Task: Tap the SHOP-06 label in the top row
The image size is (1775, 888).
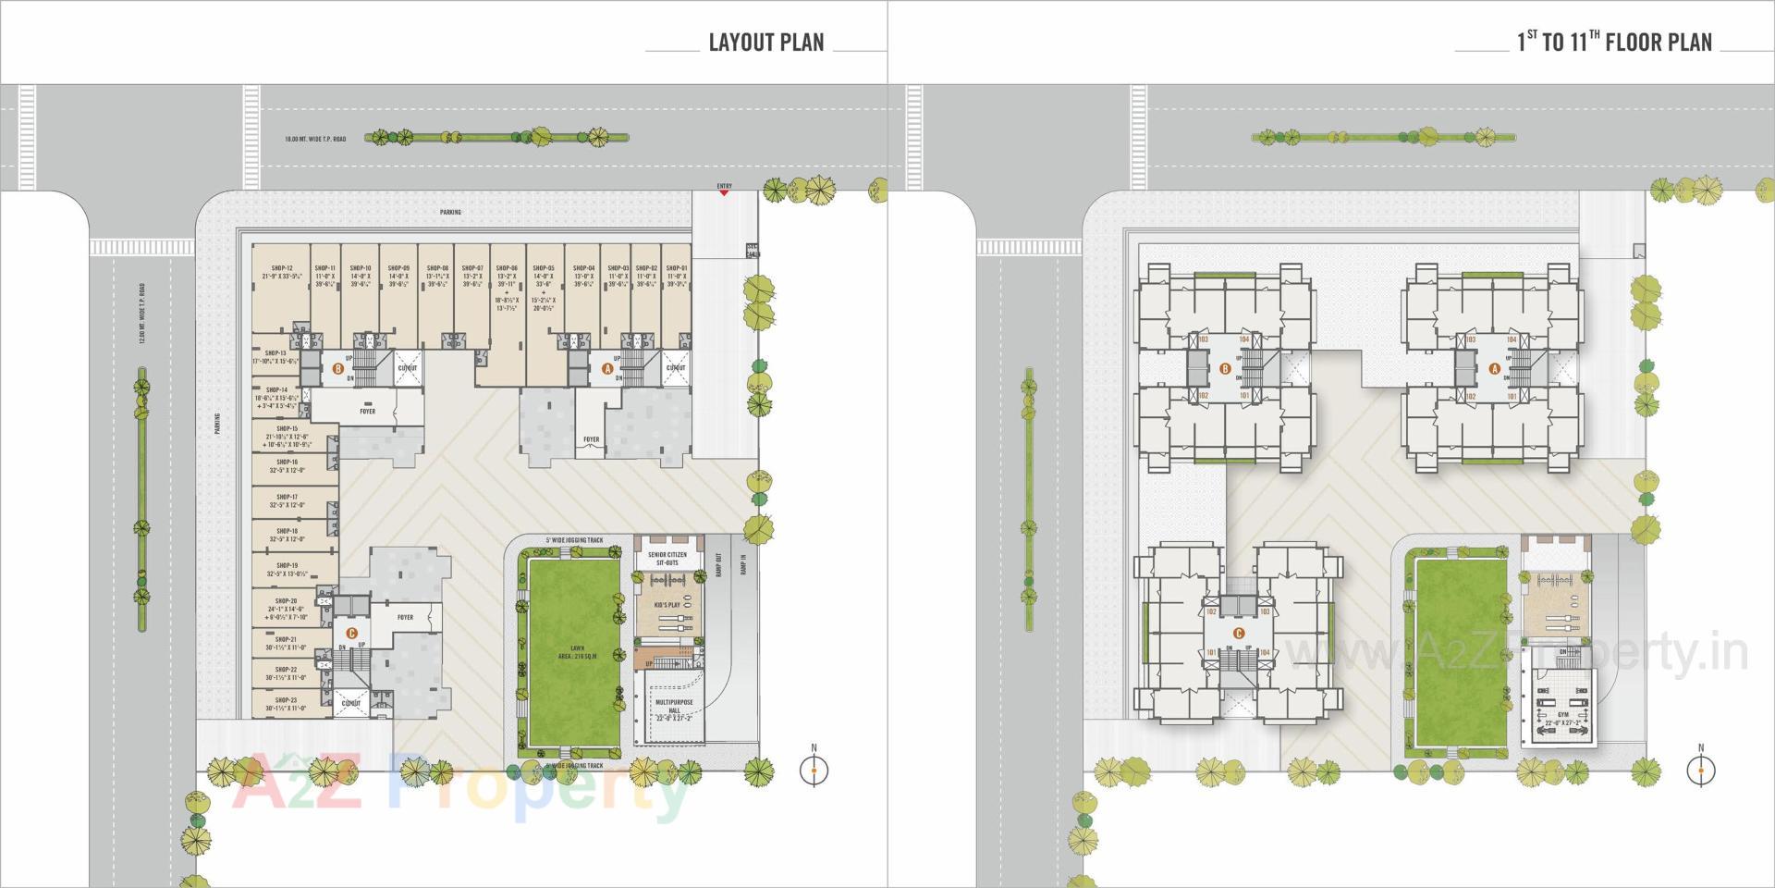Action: click(507, 268)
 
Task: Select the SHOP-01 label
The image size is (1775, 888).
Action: click(677, 268)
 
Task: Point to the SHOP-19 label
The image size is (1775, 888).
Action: click(287, 565)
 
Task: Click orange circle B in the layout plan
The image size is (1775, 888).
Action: click(338, 368)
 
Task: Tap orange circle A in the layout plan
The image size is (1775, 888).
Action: click(607, 368)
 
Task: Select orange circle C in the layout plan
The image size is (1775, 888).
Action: click(350, 634)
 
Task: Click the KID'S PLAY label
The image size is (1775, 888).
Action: click(667, 605)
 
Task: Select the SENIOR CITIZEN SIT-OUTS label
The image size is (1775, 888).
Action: click(667, 559)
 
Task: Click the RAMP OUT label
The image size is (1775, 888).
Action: click(718, 565)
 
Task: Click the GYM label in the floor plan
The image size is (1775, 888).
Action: click(1563, 715)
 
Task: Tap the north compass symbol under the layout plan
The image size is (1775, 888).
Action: click(814, 769)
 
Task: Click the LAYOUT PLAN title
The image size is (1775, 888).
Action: click(765, 43)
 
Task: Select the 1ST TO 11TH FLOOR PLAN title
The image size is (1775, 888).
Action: click(1614, 43)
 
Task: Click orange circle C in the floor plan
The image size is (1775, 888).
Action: click(1239, 634)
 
